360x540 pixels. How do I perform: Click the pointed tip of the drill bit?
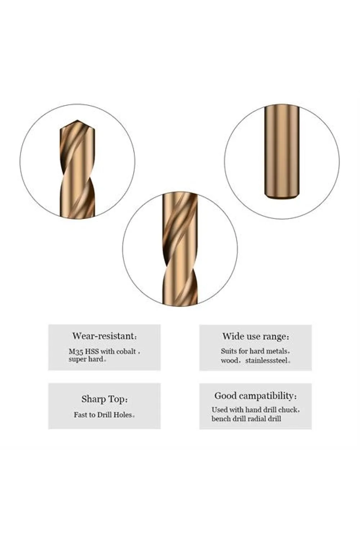click(77, 120)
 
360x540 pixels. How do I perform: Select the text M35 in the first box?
click(76, 352)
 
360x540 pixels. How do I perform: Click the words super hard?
click(86, 359)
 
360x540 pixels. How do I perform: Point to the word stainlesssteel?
click(266, 361)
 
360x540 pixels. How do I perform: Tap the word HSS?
click(92, 352)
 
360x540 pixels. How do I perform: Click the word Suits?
click(229, 351)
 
